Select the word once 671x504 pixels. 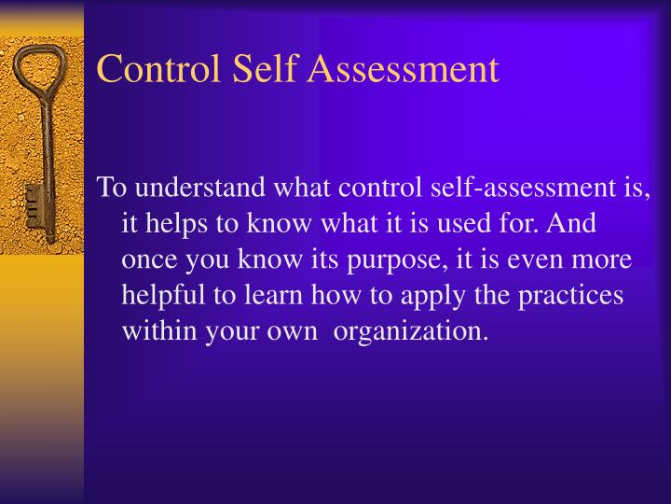(x=147, y=260)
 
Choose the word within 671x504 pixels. (x=156, y=331)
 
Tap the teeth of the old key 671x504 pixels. (x=33, y=207)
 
